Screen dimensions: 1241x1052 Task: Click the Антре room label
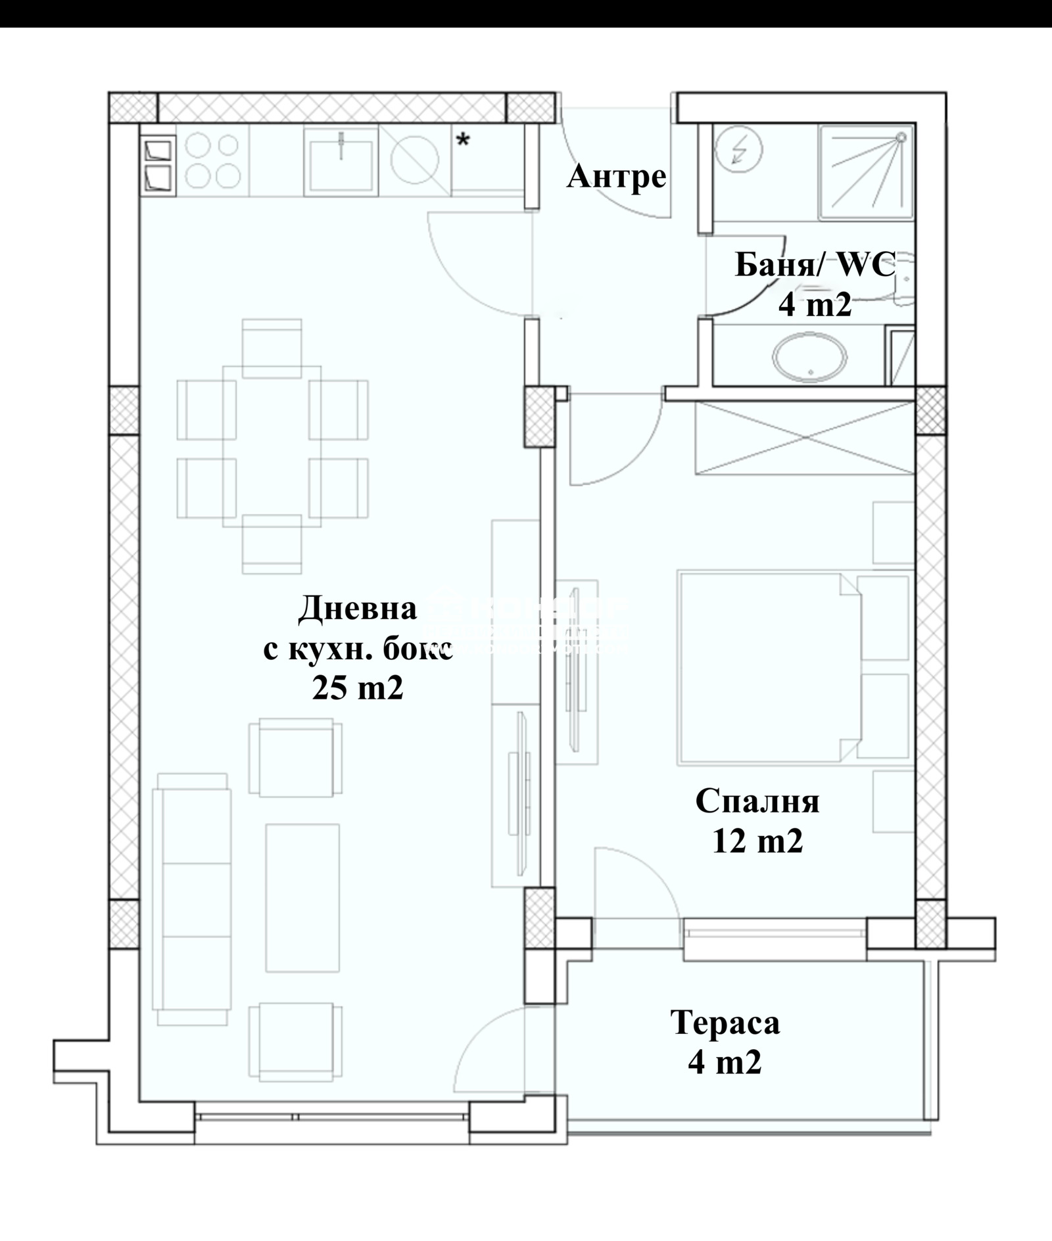pos(616,176)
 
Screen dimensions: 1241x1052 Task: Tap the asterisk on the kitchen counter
pos(464,140)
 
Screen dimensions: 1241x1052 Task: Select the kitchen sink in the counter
pos(341,160)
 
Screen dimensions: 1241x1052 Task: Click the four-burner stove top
pos(212,160)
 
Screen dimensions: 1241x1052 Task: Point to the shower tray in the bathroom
pos(866,172)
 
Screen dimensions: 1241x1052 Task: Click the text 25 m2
pos(357,688)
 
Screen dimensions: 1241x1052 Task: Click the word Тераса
pos(725,1022)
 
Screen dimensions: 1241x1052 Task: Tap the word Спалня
pos(757,801)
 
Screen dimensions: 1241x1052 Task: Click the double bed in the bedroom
pos(769,667)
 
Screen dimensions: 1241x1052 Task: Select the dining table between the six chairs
pos(272,446)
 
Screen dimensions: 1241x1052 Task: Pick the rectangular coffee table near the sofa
pos(302,897)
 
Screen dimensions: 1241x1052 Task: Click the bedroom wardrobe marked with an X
pos(805,437)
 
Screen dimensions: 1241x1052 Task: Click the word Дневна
pos(357,608)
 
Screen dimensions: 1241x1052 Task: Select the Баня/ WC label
pos(815,266)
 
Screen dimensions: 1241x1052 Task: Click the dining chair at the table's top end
pos(272,348)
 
